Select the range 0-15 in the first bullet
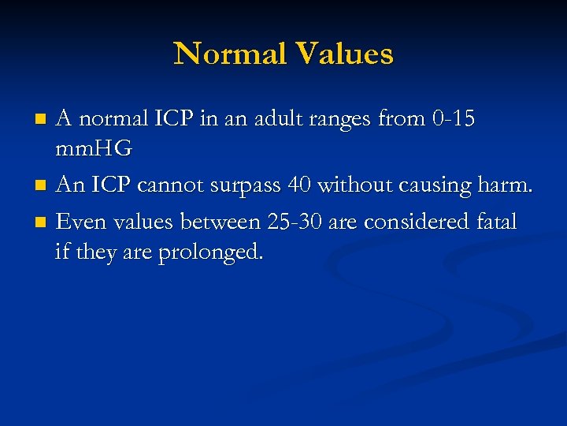coord(454,118)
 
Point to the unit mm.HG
coord(94,148)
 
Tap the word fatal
coord(495,222)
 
